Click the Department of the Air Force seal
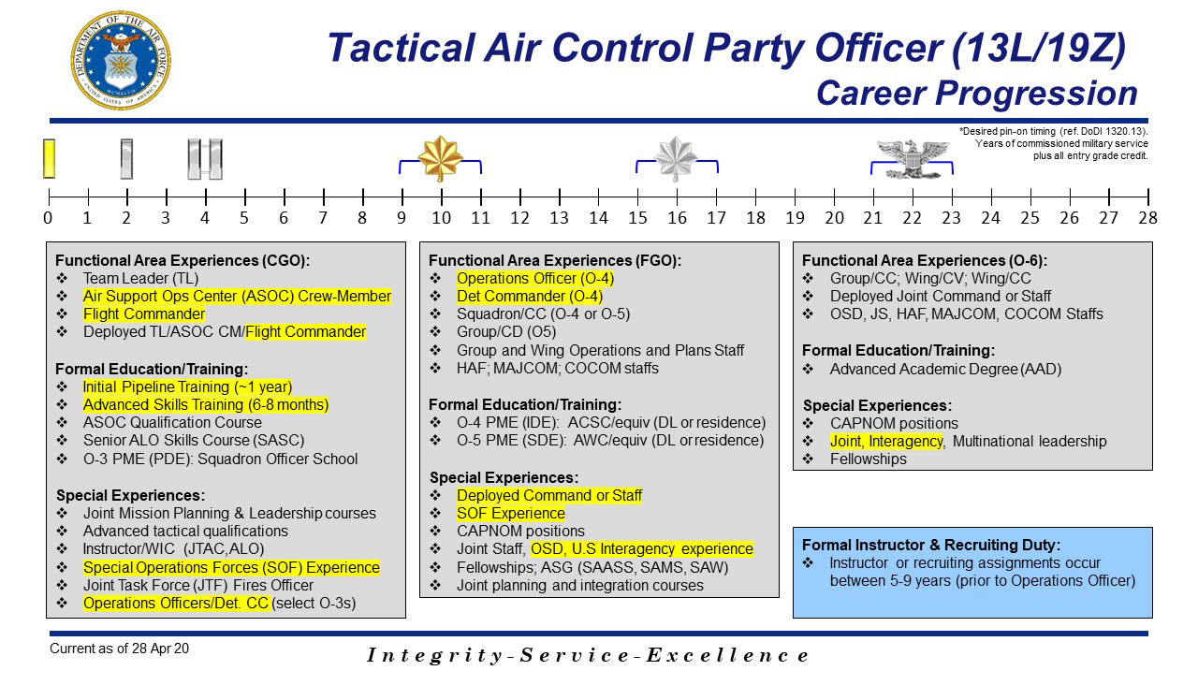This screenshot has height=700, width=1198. pyautogui.click(x=120, y=61)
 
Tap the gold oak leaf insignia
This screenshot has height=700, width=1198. pyautogui.click(x=440, y=158)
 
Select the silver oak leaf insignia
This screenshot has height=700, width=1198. pyautogui.click(x=677, y=158)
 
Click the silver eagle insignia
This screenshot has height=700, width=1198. pyautogui.click(x=913, y=157)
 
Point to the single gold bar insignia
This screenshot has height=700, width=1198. pyautogui.click(x=49, y=158)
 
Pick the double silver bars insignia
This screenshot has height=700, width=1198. pyautogui.click(x=204, y=158)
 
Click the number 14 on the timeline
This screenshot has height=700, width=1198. pyautogui.click(x=598, y=219)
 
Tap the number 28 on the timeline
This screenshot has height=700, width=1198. pyautogui.click(x=1147, y=219)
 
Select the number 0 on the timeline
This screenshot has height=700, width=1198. pyautogui.click(x=48, y=219)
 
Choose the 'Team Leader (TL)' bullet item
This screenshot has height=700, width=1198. pyautogui.click(x=140, y=278)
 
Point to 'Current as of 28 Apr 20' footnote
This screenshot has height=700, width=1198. pyautogui.click(x=119, y=648)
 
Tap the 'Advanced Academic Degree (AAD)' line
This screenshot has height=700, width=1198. pyautogui.click(x=945, y=369)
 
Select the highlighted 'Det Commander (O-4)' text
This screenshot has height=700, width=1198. pyautogui.click(x=529, y=296)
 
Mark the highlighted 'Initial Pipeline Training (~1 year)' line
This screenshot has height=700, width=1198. pyautogui.click(x=187, y=386)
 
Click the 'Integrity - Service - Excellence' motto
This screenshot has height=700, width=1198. pyautogui.click(x=588, y=655)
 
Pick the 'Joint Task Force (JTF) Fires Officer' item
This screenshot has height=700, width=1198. pyautogui.click(x=197, y=585)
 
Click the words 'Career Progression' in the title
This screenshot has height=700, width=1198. pyautogui.click(x=976, y=93)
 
